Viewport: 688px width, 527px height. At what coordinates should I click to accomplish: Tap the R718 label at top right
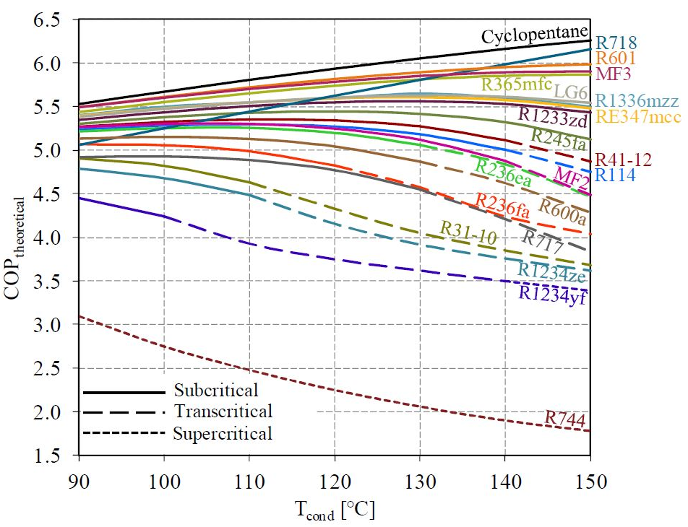click(616, 43)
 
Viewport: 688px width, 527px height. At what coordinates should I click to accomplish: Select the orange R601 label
click(616, 58)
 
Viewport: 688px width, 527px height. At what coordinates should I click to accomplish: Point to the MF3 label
click(611, 73)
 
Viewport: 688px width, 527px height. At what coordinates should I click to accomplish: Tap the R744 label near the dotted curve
click(565, 418)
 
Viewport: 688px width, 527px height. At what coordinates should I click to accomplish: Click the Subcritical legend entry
click(215, 391)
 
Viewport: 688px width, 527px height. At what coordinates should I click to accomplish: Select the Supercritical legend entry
click(222, 434)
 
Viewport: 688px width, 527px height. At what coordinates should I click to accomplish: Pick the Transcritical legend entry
click(223, 412)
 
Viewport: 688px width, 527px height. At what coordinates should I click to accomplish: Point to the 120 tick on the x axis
click(334, 480)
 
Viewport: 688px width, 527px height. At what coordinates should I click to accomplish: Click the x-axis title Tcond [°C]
click(334, 511)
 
